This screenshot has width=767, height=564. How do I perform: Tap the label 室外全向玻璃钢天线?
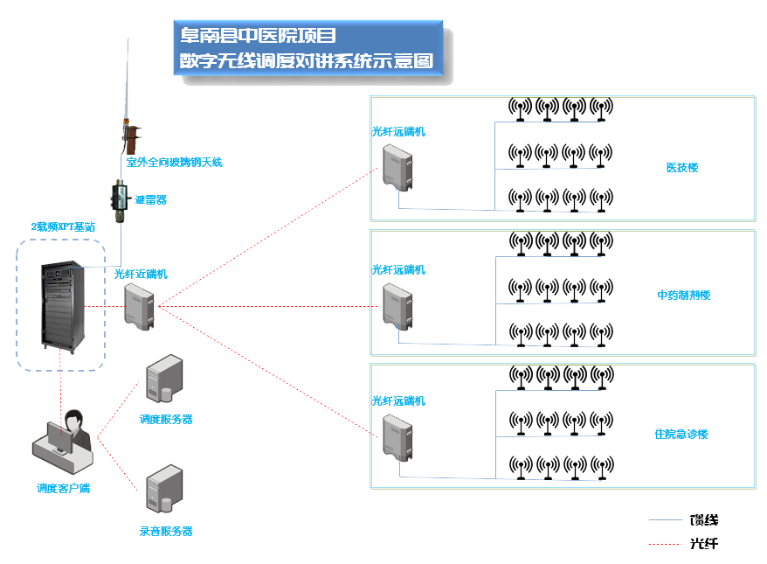pyautogui.click(x=174, y=162)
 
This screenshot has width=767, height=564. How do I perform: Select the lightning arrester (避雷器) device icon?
pyautogui.click(x=120, y=200)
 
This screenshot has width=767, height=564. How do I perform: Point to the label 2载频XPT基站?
pyautogui.click(x=63, y=226)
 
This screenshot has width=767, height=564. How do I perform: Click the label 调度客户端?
pyautogui.click(x=63, y=488)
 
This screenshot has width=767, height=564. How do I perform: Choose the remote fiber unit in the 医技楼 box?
pyautogui.click(x=397, y=167)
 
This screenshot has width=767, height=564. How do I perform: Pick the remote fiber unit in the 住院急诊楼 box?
pyautogui.click(x=397, y=436)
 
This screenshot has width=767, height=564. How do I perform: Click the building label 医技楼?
pyautogui.click(x=682, y=167)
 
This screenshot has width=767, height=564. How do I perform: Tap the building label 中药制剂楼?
pyautogui.click(x=683, y=295)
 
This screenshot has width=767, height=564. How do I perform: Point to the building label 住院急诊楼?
pyautogui.click(x=681, y=434)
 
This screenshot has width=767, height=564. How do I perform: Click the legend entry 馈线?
pyautogui.click(x=704, y=520)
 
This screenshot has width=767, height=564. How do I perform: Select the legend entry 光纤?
pyautogui.click(x=704, y=543)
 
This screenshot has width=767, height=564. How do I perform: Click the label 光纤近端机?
pyautogui.click(x=141, y=274)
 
